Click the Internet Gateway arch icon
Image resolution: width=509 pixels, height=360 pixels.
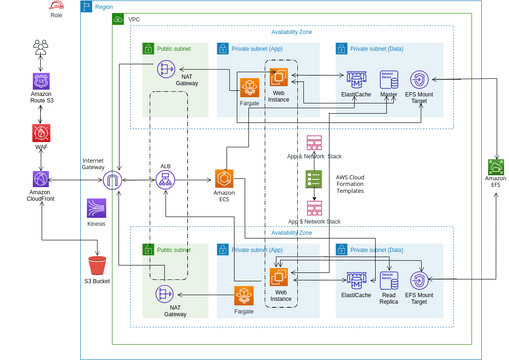(115, 180)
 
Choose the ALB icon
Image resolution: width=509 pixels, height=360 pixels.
(166, 180)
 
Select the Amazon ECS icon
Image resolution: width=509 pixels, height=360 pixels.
(223, 179)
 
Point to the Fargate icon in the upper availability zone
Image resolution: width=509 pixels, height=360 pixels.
(249, 86)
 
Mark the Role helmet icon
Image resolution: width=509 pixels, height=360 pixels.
(56, 6)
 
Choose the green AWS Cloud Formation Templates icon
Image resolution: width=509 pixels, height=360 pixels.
(314, 179)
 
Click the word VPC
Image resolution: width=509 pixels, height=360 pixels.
(134, 20)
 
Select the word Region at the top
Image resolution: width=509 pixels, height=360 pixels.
(104, 6)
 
